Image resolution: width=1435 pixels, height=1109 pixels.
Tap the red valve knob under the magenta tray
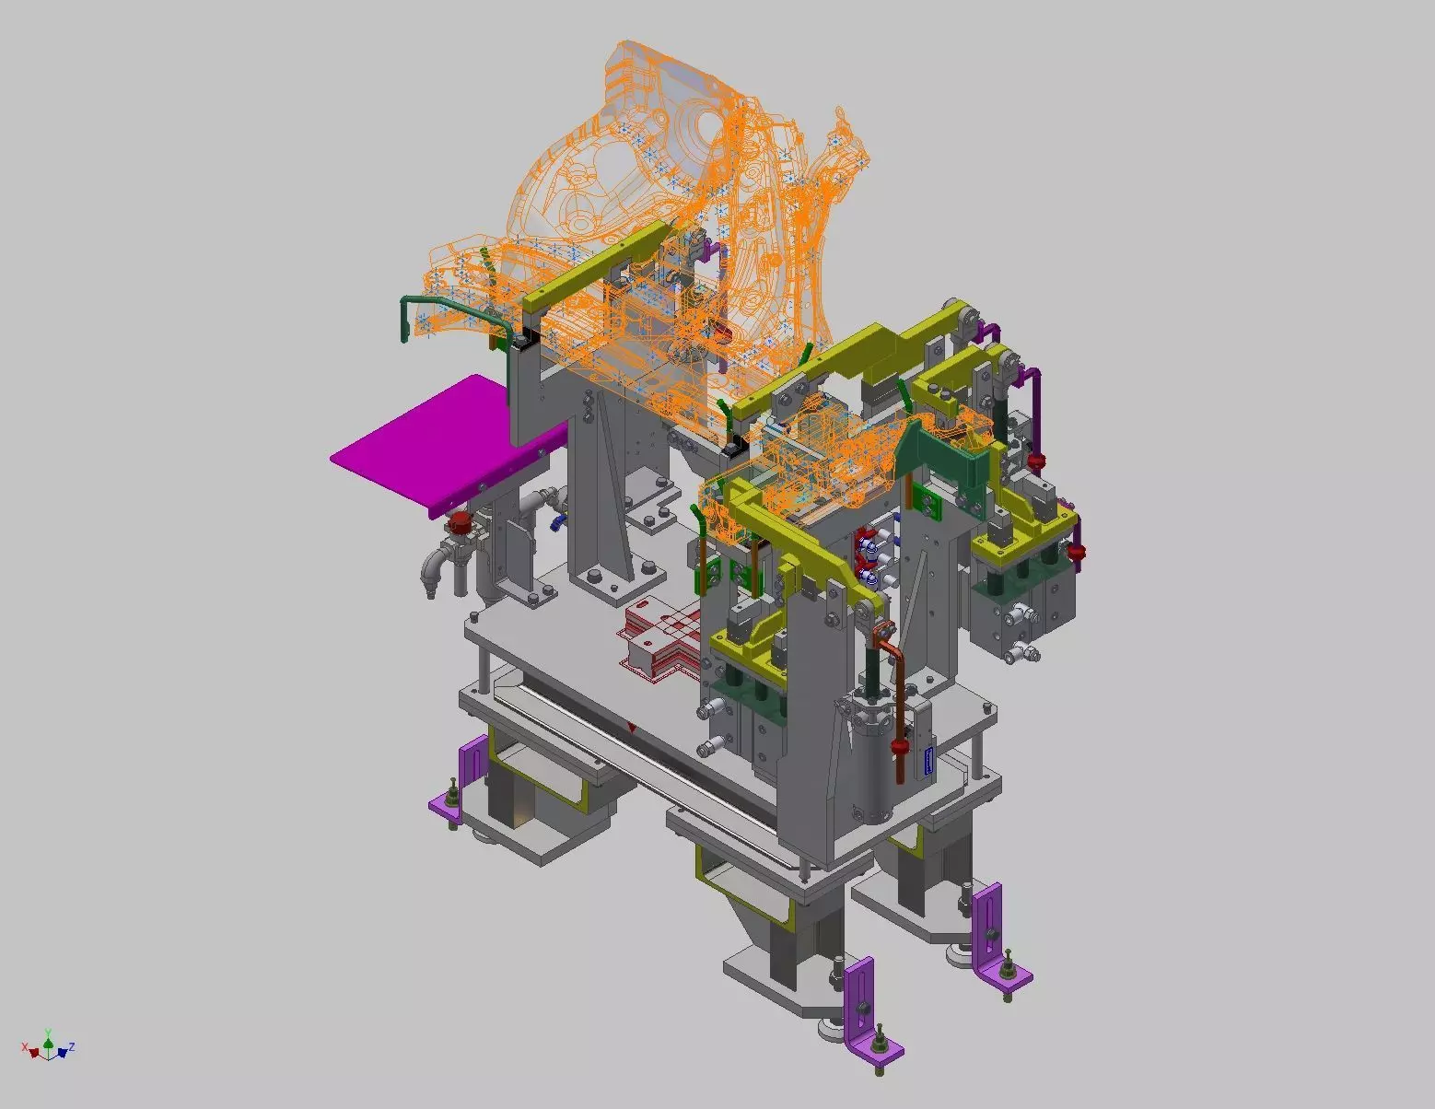pos(458,526)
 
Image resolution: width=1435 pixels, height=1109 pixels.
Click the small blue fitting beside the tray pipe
pos(555,522)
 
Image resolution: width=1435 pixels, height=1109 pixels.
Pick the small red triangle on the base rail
pos(632,729)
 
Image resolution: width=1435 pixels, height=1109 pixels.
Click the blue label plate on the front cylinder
pos(928,761)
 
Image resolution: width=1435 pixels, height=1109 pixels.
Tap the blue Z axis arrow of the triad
pos(64,1050)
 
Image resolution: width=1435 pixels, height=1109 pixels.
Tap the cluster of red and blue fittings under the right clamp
pos(871,556)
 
